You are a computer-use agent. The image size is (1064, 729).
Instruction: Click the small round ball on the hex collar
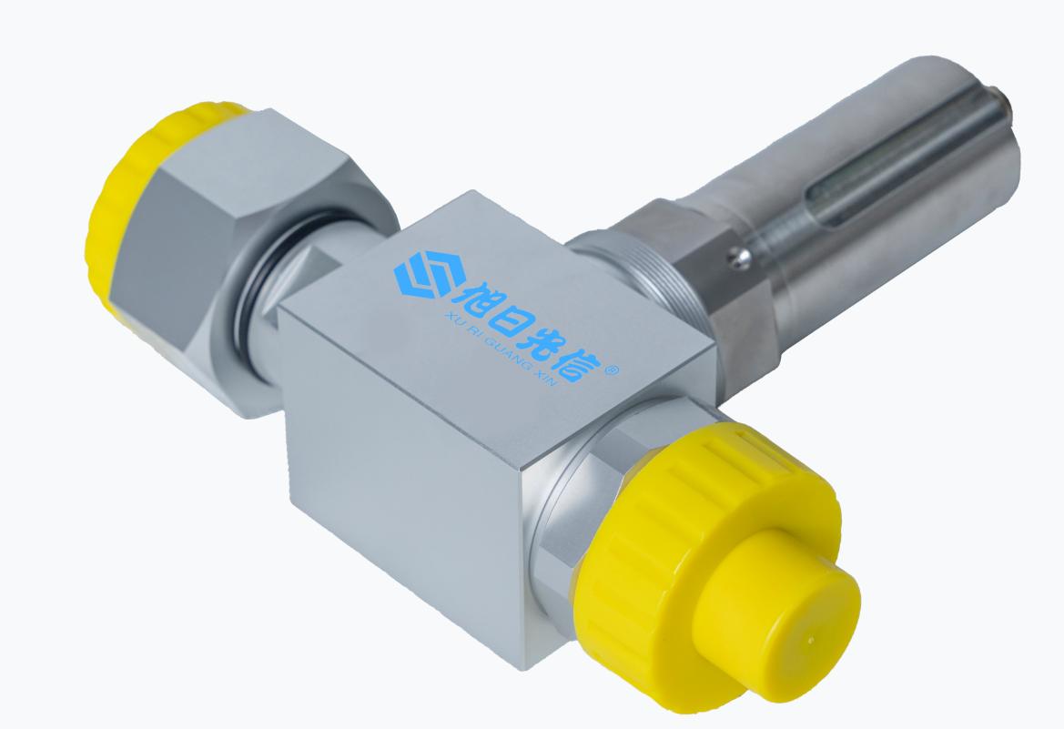tap(741, 258)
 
